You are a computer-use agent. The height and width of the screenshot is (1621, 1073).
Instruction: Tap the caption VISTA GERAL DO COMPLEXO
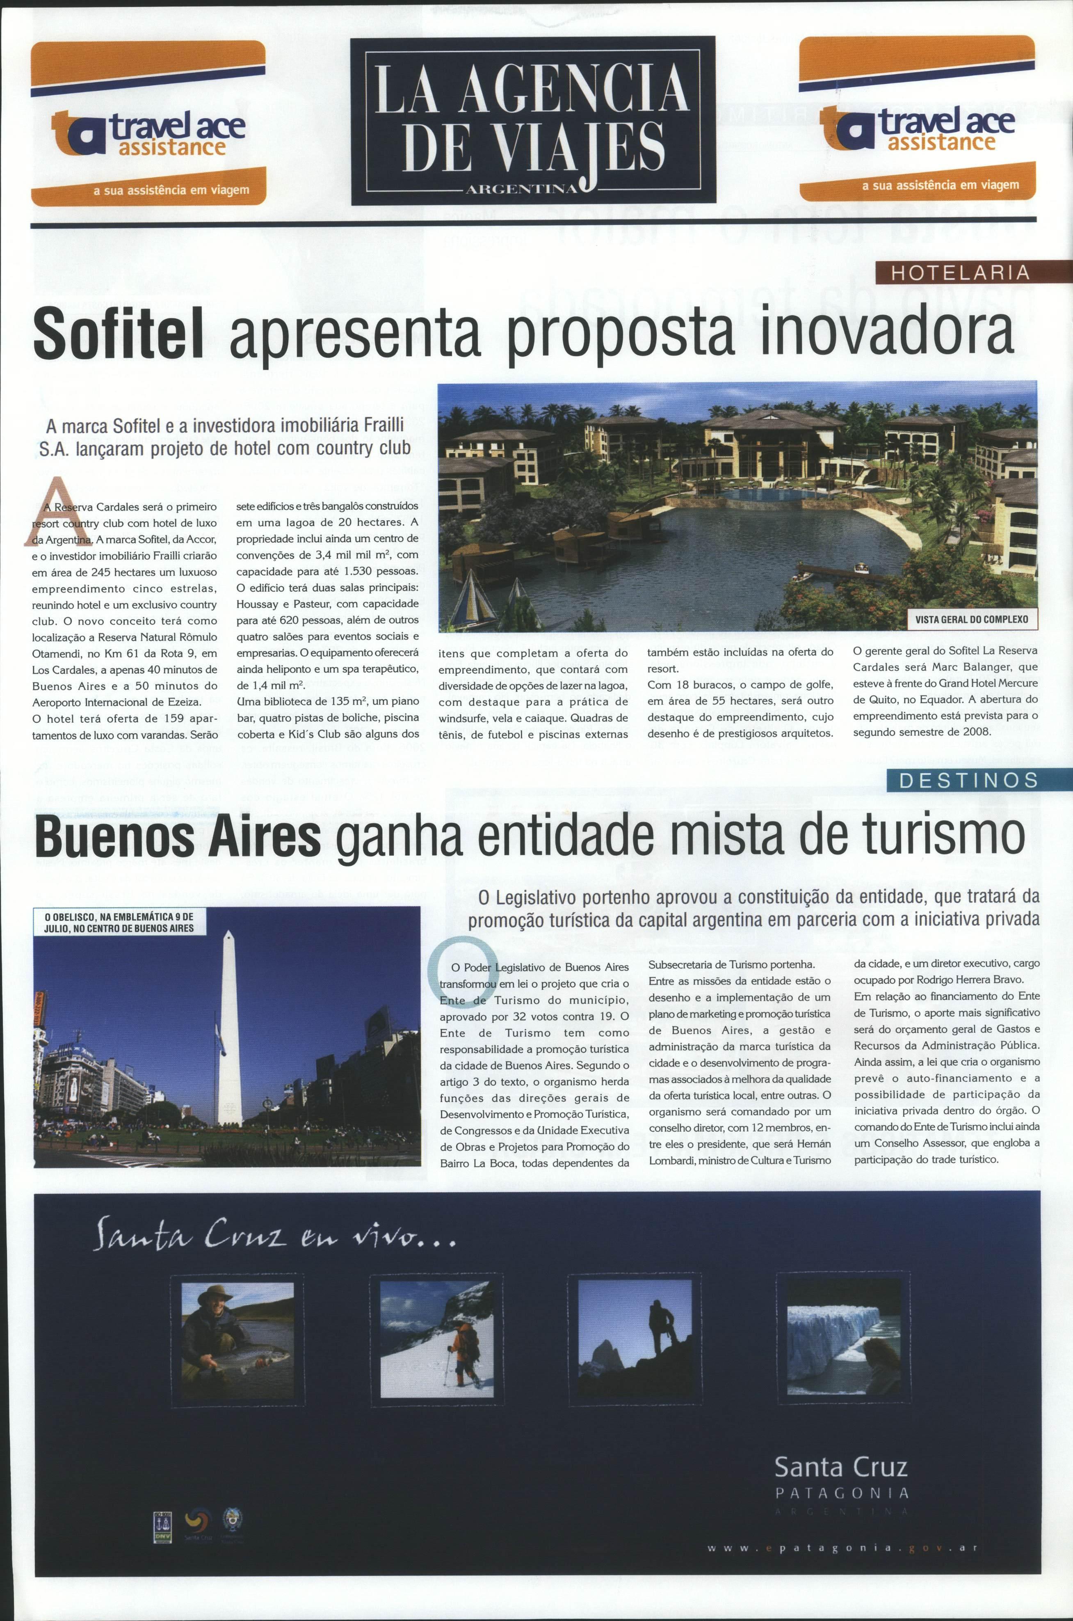tap(971, 619)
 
